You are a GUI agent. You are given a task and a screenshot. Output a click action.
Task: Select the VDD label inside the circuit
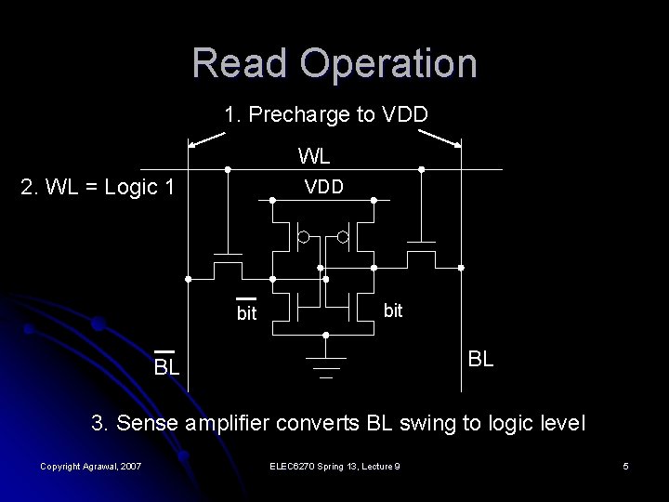[325, 187]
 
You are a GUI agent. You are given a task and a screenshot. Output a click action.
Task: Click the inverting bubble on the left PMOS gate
[303, 238]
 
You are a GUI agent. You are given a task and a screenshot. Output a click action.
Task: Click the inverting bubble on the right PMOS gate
[343, 238]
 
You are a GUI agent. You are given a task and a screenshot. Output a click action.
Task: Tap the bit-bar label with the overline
[245, 313]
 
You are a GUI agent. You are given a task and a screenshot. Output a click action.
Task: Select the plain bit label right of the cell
[393, 310]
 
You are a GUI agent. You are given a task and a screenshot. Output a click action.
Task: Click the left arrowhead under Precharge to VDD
[191, 144]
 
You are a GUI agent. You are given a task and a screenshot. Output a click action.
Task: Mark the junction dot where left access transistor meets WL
[228, 169]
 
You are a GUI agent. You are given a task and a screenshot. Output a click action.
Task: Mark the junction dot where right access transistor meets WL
[421, 169]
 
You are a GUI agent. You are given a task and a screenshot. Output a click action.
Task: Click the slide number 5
[626, 466]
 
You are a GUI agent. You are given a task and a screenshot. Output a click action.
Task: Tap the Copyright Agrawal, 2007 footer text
[90, 466]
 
